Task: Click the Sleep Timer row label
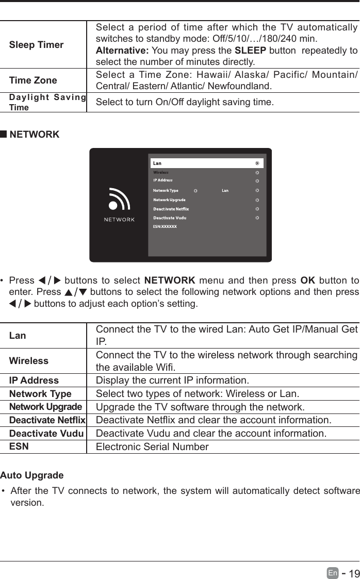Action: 36,45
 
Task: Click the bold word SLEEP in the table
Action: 250,50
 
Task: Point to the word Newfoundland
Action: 315,86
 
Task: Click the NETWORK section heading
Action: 34,135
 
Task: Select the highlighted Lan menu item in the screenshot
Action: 206,163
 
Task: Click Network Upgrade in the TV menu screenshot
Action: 170,200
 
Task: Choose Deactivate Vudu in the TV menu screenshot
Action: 170,218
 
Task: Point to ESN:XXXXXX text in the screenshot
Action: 165,226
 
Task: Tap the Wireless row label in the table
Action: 29,361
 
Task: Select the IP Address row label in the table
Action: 34,381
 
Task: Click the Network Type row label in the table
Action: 40,394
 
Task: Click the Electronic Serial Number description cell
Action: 152,446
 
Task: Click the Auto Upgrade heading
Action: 32,475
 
